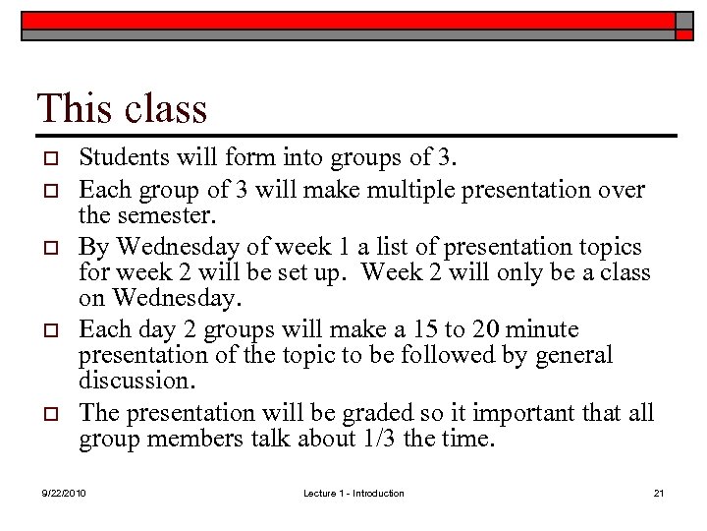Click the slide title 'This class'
tap(122, 107)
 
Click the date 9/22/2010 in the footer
tap(64, 493)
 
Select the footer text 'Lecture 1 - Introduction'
tap(353, 493)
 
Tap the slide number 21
tap(659, 493)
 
